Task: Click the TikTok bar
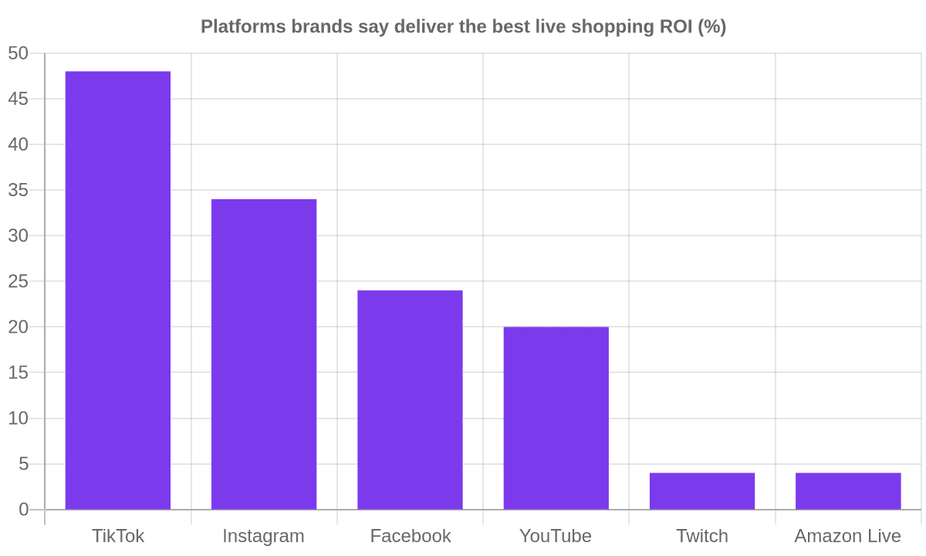[x=118, y=290]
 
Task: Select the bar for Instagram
[x=264, y=354]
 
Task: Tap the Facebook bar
[x=410, y=400]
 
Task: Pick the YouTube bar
[x=556, y=419]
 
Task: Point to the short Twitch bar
[x=702, y=491]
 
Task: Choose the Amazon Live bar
[x=848, y=491]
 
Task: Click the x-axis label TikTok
[x=118, y=536]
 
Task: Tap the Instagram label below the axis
[x=264, y=537]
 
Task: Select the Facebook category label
[x=410, y=536]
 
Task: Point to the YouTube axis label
[x=556, y=536]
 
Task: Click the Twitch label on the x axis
[x=702, y=536]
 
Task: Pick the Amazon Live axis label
[x=848, y=536]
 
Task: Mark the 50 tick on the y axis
[x=19, y=53]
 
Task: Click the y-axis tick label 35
[x=19, y=190]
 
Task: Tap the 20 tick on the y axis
[x=19, y=327]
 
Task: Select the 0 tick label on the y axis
[x=24, y=510]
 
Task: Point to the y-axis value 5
[x=24, y=464]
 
